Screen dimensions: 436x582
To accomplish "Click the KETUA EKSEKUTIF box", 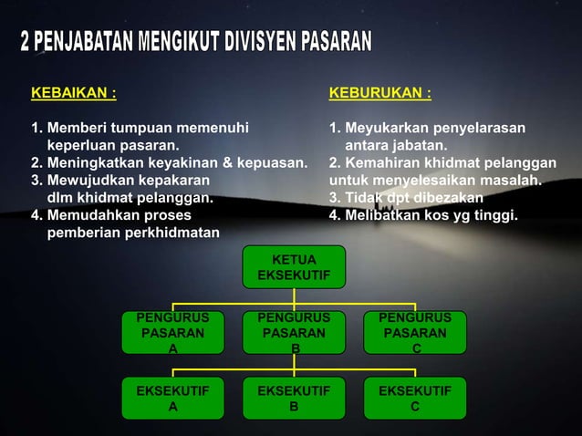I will point(294,266).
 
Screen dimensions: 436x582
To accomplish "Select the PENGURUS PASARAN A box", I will point(172,334).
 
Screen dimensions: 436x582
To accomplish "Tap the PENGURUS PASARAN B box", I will point(294,334).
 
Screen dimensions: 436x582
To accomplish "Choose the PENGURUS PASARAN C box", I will point(415,334).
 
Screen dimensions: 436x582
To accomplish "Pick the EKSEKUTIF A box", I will point(172,399).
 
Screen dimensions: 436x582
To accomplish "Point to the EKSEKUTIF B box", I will point(294,399).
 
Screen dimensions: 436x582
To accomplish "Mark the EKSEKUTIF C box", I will point(415,399).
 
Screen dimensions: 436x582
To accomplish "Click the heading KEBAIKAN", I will point(73,93).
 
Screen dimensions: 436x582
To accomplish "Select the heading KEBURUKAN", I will point(379,93).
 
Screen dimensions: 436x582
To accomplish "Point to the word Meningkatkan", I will point(99,162).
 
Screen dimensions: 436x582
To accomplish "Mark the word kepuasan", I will point(271,162).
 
